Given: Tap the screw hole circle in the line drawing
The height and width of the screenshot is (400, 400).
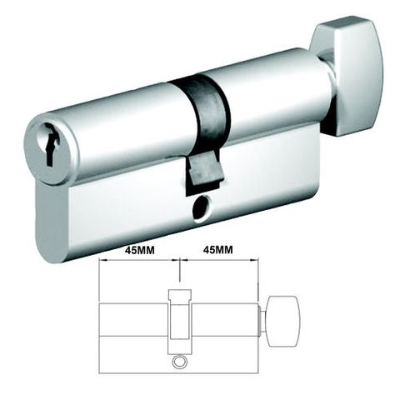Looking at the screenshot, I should pos(180,363).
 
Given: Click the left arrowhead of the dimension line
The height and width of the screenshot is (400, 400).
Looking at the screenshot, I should pos(102,261).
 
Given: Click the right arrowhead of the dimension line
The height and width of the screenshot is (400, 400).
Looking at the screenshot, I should pos(255,261).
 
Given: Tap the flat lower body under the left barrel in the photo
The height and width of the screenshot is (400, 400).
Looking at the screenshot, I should pos(108,212).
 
